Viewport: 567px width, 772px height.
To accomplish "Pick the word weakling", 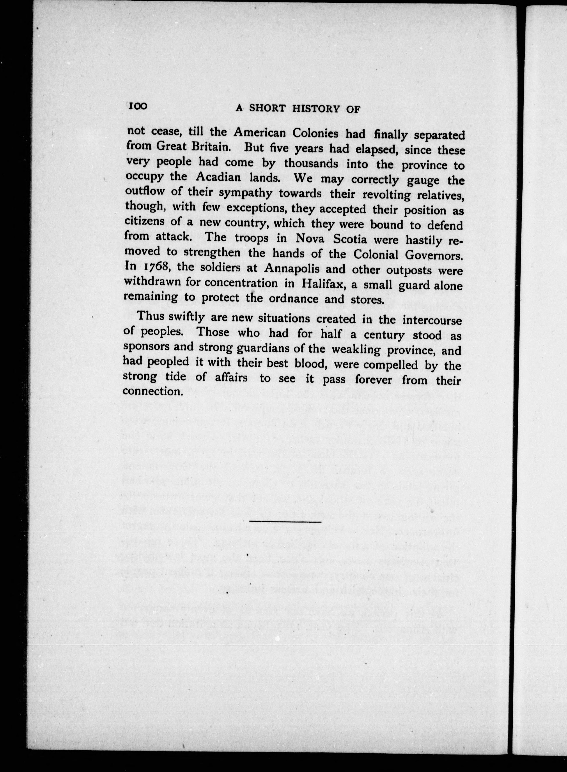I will pos(356,350).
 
